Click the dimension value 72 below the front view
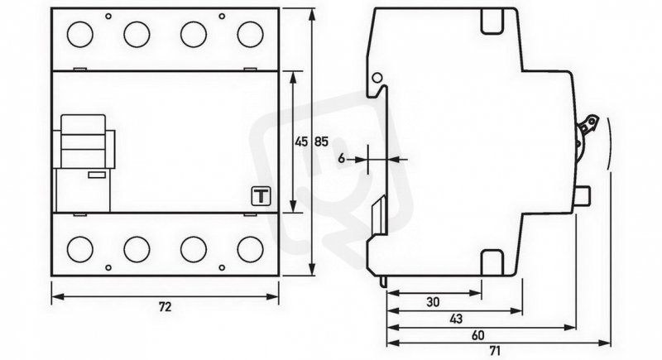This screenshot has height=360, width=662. (x=165, y=307)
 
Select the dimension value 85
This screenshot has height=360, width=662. (x=321, y=142)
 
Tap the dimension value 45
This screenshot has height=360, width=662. (x=301, y=142)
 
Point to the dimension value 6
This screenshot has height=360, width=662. (x=342, y=159)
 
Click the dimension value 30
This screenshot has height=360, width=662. (x=433, y=302)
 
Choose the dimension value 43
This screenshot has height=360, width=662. (x=456, y=319)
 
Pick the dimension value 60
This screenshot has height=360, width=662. (x=478, y=335)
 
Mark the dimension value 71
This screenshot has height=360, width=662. (x=494, y=350)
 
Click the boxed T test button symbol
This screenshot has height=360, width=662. (x=261, y=196)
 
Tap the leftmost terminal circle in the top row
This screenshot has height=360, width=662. (x=79, y=34)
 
